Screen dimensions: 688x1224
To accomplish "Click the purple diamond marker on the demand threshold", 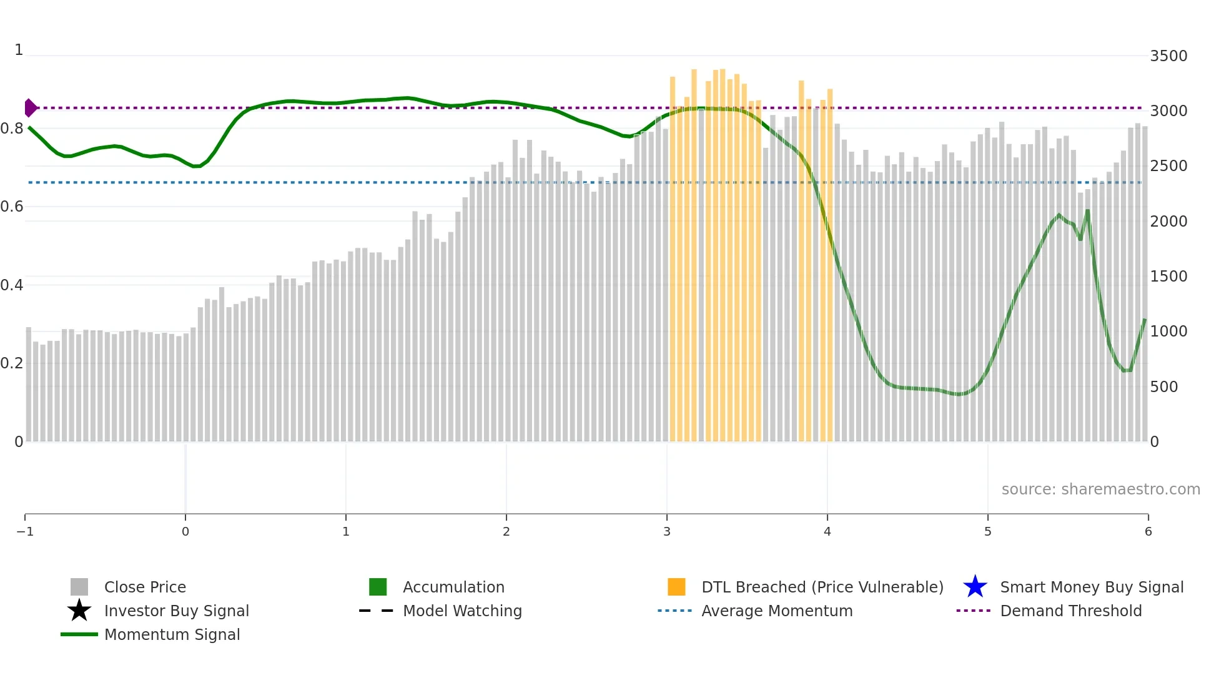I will pos(30,108).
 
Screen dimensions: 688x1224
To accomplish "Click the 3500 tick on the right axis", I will pos(1168,56).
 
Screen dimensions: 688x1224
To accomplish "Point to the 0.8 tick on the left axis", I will pos(12,129).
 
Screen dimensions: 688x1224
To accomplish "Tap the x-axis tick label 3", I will pos(666,532).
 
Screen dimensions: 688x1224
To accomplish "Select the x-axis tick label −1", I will pos(25,532).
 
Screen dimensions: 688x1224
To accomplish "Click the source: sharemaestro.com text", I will pos(1100,489).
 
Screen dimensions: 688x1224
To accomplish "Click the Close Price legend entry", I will pos(145,587).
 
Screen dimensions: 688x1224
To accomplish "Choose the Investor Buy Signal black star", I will pos(79,611).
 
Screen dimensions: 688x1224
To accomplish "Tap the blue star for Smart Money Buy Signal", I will pos(975,587).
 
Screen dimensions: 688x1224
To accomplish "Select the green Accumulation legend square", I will pos(378,587).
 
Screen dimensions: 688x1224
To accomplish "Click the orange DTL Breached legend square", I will pos(676,587).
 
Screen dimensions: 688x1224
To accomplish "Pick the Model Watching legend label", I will pos(462,611).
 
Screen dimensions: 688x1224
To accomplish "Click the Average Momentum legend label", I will pos(777,611).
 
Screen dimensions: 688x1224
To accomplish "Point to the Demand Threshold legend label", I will pos(1070,611).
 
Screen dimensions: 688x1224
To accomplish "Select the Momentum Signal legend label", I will pos(172,635).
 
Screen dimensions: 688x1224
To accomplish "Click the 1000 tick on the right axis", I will pos(1168,332).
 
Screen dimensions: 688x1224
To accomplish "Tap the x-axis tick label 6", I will pos(1148,532).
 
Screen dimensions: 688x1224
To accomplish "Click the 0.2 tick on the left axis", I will pos(12,363).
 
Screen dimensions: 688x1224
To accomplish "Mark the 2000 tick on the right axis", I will pos(1168,222).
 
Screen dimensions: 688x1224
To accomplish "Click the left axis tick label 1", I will pos(19,50).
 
